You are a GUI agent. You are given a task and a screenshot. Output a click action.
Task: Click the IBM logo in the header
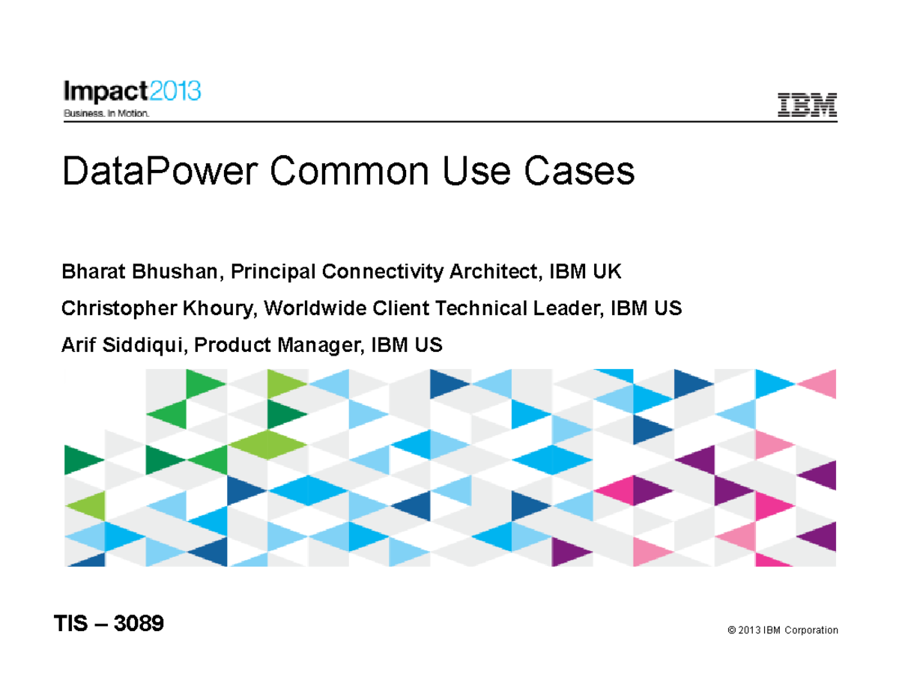(x=807, y=106)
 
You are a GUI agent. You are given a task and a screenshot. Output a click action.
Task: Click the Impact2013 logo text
(x=132, y=92)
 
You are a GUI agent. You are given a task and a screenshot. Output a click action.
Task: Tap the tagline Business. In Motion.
(x=106, y=114)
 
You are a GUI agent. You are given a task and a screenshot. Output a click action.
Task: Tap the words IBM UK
(x=586, y=272)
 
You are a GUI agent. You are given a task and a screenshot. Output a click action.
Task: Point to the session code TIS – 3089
(x=109, y=624)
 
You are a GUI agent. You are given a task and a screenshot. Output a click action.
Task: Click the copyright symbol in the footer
(x=730, y=630)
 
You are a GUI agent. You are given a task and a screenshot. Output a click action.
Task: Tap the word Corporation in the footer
(x=811, y=630)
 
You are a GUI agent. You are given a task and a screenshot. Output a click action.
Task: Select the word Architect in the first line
(x=494, y=272)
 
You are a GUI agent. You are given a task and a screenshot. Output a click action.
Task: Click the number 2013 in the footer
(x=749, y=630)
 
